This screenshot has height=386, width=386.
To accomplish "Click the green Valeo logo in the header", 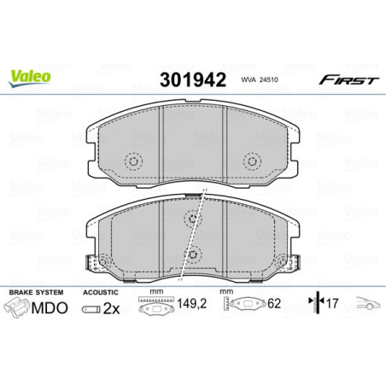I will click(30, 76).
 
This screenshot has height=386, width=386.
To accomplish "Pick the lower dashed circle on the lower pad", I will click(194, 254).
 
